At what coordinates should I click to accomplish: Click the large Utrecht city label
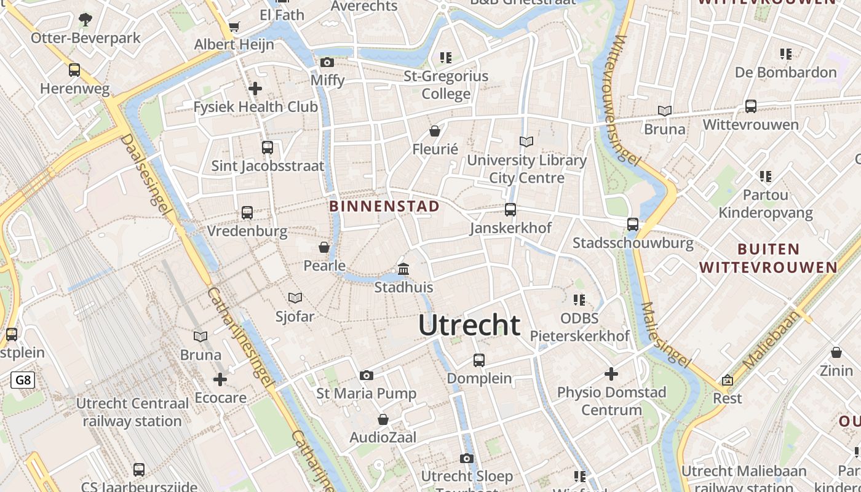point(469,325)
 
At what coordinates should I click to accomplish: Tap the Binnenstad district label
point(384,206)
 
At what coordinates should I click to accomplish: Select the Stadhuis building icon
point(403,269)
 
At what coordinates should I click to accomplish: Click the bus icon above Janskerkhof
point(510,210)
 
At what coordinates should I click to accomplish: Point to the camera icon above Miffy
point(327,62)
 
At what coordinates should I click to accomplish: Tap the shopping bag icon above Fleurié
point(435,131)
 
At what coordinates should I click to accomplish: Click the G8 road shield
point(23,380)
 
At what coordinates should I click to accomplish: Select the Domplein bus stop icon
point(479,360)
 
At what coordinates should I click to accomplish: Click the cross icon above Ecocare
point(220,379)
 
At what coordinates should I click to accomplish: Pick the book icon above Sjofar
point(295,298)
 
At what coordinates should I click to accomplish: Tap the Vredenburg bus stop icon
point(247,213)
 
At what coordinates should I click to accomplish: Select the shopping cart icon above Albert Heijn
point(234,26)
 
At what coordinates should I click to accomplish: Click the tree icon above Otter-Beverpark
point(85,20)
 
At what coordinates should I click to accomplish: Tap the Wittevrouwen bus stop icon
point(750,106)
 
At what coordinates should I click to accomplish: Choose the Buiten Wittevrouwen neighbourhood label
point(768,258)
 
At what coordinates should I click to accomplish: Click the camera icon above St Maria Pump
point(367,375)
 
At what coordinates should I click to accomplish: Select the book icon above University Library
point(526,142)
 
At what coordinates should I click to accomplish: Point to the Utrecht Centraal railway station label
point(132,412)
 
